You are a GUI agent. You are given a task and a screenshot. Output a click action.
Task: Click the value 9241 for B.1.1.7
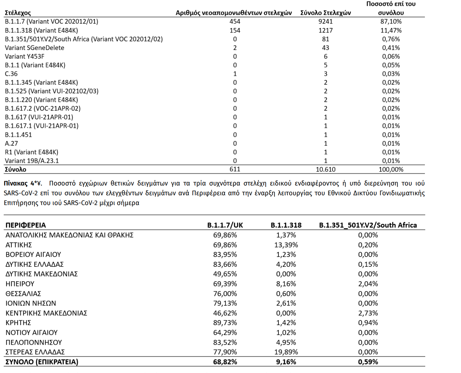click(x=325, y=22)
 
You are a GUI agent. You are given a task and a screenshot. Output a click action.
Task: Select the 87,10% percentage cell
click(x=391, y=22)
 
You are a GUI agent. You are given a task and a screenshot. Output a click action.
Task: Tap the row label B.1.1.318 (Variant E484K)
click(x=41, y=30)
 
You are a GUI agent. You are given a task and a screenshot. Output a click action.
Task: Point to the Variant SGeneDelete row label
click(x=34, y=48)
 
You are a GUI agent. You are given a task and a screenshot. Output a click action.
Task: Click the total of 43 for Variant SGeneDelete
click(x=325, y=48)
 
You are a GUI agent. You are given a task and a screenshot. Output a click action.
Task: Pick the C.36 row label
click(x=11, y=74)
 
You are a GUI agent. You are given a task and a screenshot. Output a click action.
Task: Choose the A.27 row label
click(x=11, y=144)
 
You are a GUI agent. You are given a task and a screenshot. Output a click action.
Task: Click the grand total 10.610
click(x=325, y=170)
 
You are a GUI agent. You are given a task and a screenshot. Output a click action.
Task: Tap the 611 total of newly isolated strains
click(x=235, y=169)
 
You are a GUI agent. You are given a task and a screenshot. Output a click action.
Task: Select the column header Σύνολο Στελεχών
click(x=325, y=13)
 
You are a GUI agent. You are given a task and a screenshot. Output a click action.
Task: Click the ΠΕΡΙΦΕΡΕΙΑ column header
click(x=26, y=225)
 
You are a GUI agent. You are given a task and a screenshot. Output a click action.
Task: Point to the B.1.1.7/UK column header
click(x=225, y=225)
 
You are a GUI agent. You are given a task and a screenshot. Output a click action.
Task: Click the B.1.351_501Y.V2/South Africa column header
click(x=368, y=225)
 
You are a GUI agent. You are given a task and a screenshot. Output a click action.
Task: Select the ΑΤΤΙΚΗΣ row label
click(x=19, y=245)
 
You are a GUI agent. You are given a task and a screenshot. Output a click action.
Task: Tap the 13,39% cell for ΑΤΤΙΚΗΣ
click(x=286, y=245)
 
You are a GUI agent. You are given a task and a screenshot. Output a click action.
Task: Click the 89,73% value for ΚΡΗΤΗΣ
click(x=225, y=323)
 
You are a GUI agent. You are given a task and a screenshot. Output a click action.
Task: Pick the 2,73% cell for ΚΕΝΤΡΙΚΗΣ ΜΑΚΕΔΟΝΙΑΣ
click(x=368, y=313)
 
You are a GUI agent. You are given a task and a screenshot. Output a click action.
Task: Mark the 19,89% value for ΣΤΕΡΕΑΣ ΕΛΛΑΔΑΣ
click(x=286, y=352)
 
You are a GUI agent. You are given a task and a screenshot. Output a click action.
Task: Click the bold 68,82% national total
click(x=225, y=362)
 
